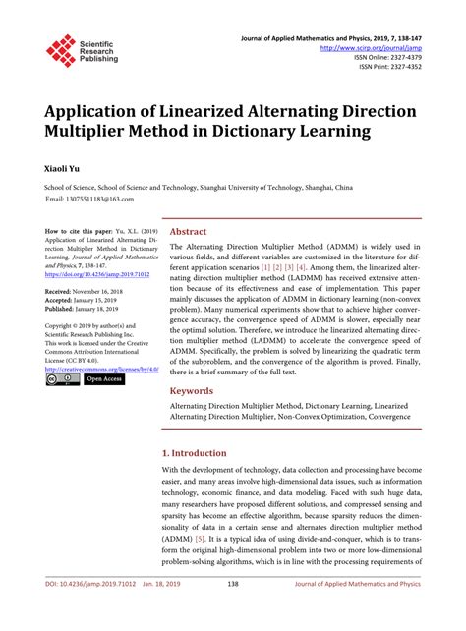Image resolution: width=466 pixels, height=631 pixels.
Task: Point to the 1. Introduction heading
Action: coord(194,453)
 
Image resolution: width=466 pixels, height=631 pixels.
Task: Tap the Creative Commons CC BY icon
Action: coord(62,378)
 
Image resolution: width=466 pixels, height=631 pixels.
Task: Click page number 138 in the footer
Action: coord(233,612)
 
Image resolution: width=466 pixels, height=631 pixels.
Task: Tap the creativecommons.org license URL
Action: coord(99,368)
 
